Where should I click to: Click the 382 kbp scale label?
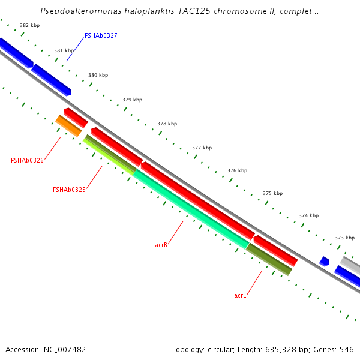(x=29, y=25)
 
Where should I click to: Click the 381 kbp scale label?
(x=64, y=51)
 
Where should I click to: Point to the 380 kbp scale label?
(x=98, y=75)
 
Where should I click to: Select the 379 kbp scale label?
(x=132, y=100)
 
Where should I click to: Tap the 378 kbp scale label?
(x=167, y=124)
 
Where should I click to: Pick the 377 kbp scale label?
(x=202, y=148)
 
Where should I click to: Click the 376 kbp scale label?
(x=237, y=170)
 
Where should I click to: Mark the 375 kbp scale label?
(x=272, y=193)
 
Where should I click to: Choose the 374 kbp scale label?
(x=308, y=215)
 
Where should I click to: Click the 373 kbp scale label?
(x=344, y=238)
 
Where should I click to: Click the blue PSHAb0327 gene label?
(x=101, y=36)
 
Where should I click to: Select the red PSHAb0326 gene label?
(x=27, y=161)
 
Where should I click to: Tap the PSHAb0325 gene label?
(x=69, y=190)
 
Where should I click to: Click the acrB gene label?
(x=161, y=245)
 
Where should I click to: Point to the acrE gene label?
(x=240, y=296)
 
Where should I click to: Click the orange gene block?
(x=68, y=126)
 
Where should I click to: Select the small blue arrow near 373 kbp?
(x=324, y=262)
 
